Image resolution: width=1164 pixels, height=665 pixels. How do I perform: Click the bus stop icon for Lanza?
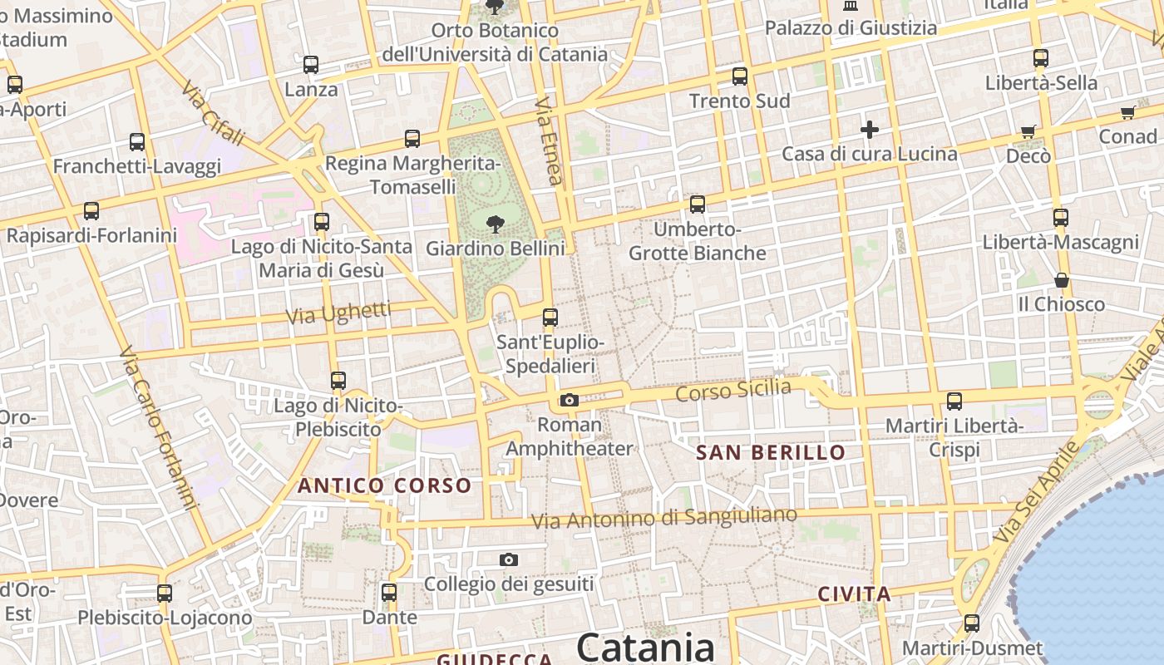pyautogui.click(x=311, y=65)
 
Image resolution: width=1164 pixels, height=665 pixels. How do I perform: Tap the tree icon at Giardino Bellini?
pyautogui.click(x=496, y=224)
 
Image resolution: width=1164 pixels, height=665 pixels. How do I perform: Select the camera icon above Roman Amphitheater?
pyautogui.click(x=570, y=401)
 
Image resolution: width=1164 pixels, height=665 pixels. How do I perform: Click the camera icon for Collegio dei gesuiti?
pyautogui.click(x=509, y=560)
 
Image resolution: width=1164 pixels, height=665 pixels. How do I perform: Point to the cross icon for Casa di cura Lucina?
pyautogui.click(x=870, y=130)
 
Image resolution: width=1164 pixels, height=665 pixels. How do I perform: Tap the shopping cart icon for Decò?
pyautogui.click(x=1028, y=131)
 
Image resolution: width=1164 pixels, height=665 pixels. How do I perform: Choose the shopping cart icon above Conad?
pyautogui.click(x=1128, y=112)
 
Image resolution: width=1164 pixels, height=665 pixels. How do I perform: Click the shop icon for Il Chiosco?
pyautogui.click(x=1062, y=280)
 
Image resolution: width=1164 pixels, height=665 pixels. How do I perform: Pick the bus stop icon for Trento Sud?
pyautogui.click(x=740, y=76)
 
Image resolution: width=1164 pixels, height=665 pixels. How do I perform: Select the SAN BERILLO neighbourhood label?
pyautogui.click(x=771, y=453)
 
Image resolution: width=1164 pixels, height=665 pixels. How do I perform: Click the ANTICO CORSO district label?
pyautogui.click(x=384, y=485)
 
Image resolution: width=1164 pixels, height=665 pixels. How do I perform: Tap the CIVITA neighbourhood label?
pyautogui.click(x=854, y=594)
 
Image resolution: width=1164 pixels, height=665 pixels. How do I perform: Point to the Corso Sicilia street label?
pyautogui.click(x=732, y=390)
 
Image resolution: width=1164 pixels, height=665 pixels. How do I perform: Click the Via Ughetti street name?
pyautogui.click(x=338, y=313)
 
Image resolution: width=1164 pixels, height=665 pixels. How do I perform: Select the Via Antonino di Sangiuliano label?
pyautogui.click(x=663, y=518)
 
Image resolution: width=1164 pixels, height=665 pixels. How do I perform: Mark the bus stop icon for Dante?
pyautogui.click(x=389, y=593)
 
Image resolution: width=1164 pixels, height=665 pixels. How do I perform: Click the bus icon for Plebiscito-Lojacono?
pyautogui.click(x=165, y=594)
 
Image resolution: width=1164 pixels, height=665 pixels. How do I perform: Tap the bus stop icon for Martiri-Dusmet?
pyautogui.click(x=972, y=623)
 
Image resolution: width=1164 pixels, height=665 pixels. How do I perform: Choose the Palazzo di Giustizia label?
pyautogui.click(x=851, y=28)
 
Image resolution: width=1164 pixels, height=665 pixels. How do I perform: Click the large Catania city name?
pyautogui.click(x=645, y=646)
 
